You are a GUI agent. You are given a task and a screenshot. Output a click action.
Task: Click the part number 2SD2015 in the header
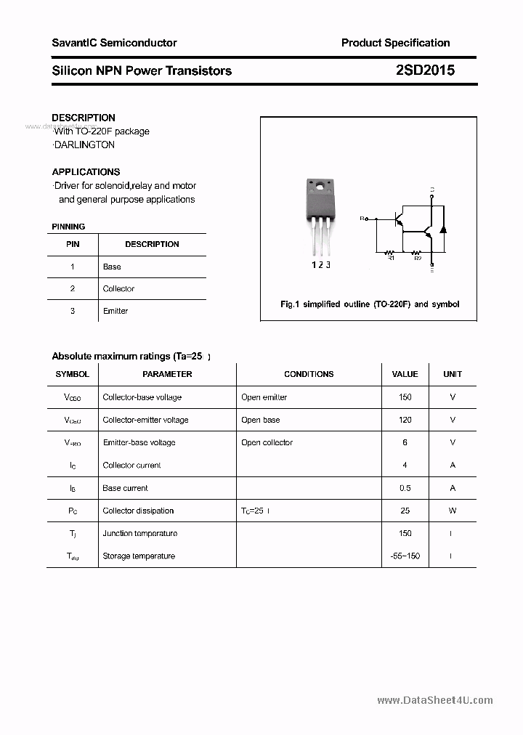(x=425, y=70)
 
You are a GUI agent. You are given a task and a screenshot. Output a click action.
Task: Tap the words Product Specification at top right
(x=395, y=43)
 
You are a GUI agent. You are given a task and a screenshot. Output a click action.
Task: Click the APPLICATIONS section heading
(x=86, y=172)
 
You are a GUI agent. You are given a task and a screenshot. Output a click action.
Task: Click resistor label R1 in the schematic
(x=390, y=258)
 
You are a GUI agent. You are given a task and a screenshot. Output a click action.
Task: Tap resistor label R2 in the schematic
(x=418, y=258)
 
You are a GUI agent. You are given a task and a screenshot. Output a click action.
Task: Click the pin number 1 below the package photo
(x=314, y=265)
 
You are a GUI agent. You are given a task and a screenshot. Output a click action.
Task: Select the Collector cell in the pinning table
(x=118, y=288)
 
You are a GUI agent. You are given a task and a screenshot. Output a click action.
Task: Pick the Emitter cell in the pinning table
(x=115, y=311)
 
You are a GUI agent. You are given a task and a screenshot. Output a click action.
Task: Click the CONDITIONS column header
(x=309, y=374)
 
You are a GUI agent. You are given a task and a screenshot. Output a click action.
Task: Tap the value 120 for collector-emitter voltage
(x=405, y=420)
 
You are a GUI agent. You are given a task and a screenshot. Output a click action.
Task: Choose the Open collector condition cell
(x=267, y=442)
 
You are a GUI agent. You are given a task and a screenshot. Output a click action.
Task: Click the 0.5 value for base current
(x=405, y=488)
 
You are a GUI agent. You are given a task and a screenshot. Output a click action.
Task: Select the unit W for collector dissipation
(x=453, y=511)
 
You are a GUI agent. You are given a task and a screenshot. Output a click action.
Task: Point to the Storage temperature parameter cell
(x=139, y=556)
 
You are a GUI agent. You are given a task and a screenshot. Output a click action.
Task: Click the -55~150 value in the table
(x=405, y=556)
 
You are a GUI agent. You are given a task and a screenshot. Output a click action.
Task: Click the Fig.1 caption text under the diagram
(x=370, y=304)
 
